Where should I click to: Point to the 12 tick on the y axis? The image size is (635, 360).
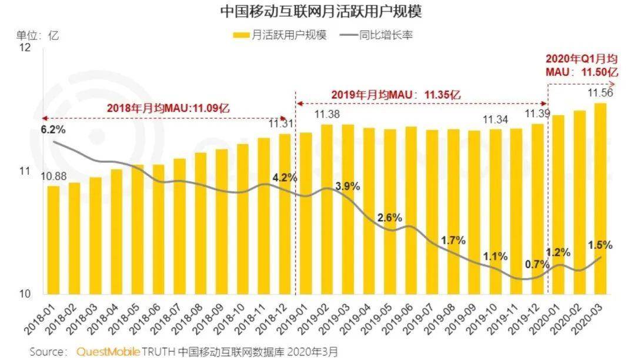coord(25,48)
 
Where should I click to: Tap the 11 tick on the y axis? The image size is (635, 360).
coord(25,171)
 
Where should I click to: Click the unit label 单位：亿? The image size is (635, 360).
coord(37,35)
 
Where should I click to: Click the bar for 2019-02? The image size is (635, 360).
coord(327,209)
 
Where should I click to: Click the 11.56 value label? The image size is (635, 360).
coord(600,93)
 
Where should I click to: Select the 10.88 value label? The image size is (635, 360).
coord(53,176)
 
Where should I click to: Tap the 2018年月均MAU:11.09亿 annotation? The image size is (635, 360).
coord(168,108)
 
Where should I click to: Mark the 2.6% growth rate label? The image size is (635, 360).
coord(390,218)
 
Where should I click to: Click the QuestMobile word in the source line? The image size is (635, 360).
coord(108,352)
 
